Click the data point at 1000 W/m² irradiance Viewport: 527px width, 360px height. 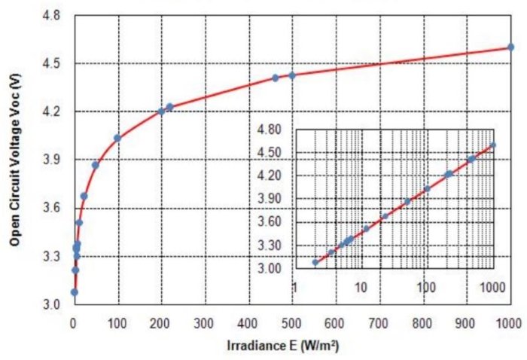click(510, 47)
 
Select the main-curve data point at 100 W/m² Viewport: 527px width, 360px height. click(117, 138)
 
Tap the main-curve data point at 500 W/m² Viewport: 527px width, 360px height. click(292, 75)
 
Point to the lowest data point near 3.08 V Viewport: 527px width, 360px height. click(75, 292)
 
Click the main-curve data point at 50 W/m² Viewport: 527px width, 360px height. click(96, 165)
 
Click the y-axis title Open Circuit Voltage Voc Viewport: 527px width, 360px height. click(14, 161)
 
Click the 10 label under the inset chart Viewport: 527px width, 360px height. click(361, 287)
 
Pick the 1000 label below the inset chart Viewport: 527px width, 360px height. click(490, 287)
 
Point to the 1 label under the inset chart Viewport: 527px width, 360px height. click(296, 287)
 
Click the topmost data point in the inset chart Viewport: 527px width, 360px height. click(493, 145)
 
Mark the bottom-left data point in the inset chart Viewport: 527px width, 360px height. click(315, 262)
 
